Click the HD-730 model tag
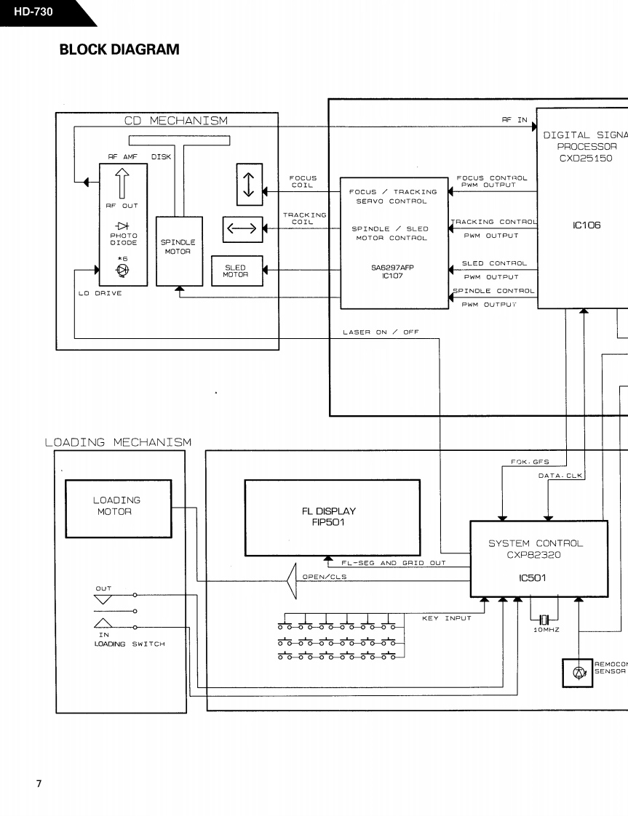33,12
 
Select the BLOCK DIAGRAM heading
119,49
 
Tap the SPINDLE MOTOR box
179,252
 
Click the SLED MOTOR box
237,271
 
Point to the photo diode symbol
123,226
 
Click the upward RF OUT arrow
122,183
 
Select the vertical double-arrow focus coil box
249,184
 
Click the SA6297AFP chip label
392,268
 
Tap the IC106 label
587,225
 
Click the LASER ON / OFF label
381,332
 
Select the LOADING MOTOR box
118,508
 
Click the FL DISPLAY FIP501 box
333,517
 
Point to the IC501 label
532,577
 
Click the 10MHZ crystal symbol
544,620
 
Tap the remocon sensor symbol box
578,673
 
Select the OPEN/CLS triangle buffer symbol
292,580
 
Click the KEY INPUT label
447,618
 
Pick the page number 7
39,784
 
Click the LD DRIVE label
100,294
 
